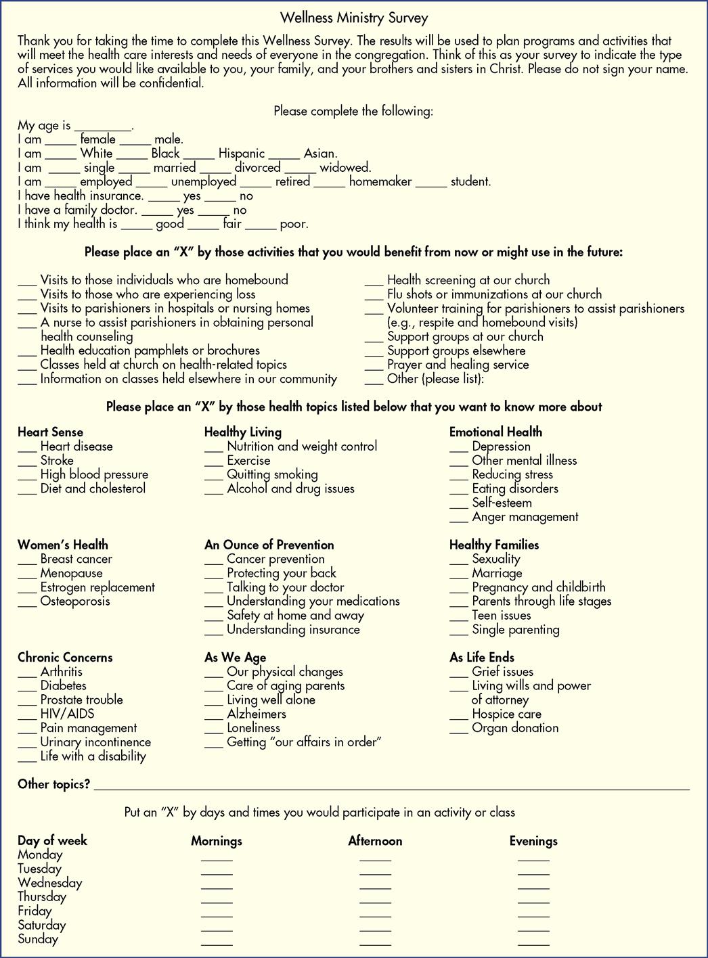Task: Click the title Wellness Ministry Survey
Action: [x=353, y=18]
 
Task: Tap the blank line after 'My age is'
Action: [x=103, y=128]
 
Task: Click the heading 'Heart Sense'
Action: [x=50, y=432]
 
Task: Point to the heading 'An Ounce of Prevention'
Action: [x=269, y=545]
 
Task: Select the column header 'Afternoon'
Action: [x=375, y=841]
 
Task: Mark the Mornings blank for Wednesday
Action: [x=217, y=886]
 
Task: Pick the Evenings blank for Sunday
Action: [x=533, y=942]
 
